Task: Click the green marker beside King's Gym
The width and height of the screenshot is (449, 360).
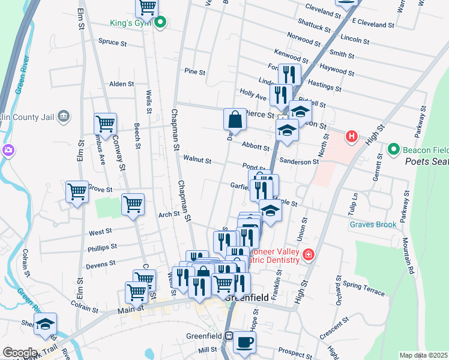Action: tap(160, 23)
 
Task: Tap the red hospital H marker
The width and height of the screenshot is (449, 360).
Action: tap(352, 137)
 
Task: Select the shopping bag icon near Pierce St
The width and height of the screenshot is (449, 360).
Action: tap(235, 119)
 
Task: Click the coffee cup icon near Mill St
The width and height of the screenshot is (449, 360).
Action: tap(244, 342)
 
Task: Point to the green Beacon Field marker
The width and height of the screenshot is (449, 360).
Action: tap(394, 149)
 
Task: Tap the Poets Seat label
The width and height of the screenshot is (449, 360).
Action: tap(426, 161)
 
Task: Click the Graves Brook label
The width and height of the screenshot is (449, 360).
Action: tap(373, 224)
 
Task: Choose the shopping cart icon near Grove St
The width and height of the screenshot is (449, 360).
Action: tap(77, 192)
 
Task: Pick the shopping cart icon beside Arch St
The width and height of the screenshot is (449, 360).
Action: tap(133, 204)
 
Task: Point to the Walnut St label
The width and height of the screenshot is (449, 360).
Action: tap(197, 160)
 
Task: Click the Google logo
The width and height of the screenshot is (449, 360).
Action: tap(19, 353)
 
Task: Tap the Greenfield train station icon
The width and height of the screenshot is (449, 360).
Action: tap(228, 337)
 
